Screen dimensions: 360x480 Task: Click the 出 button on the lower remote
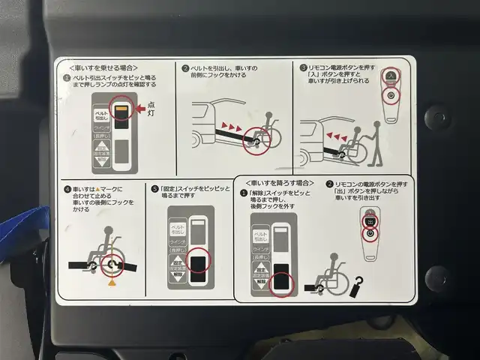tap(369, 220)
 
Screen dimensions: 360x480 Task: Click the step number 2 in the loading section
tap(184, 68)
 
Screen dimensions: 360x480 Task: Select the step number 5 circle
tap(154, 190)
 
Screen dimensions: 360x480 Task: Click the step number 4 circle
tap(67, 190)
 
